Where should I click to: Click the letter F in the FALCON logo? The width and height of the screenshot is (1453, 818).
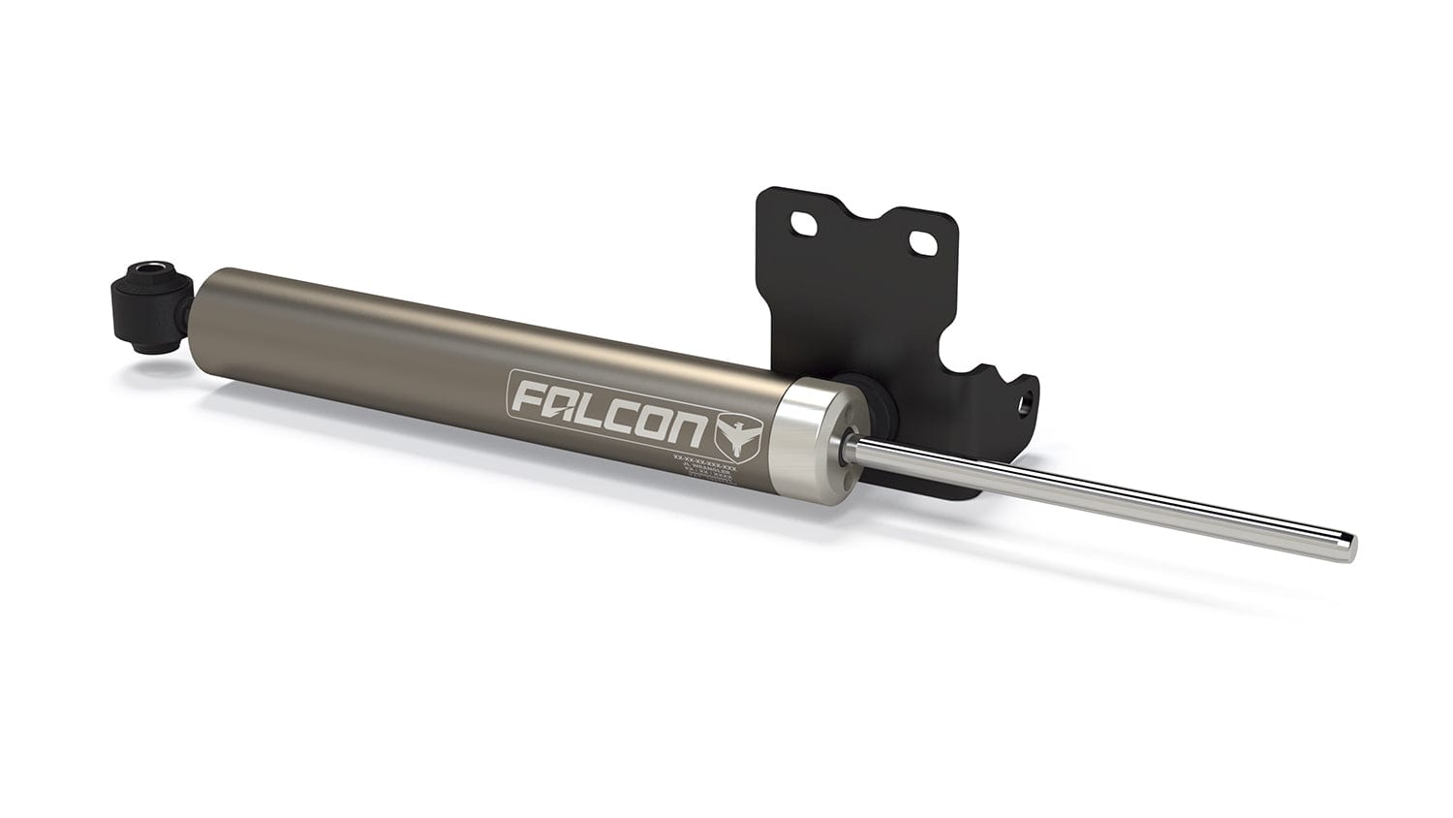pos(529,396)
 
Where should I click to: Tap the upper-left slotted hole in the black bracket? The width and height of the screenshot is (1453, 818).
pos(803,224)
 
